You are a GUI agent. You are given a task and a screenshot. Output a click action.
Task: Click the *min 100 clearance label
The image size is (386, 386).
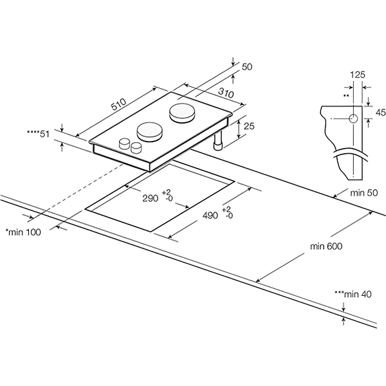tap(23, 232)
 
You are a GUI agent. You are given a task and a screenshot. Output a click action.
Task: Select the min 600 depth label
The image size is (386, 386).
tap(326, 246)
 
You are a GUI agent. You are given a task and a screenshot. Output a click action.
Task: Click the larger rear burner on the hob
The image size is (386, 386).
tap(182, 114)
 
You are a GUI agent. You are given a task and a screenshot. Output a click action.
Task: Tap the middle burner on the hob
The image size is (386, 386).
tap(151, 131)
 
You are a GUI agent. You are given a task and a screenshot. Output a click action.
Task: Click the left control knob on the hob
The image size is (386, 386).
tap(124, 144)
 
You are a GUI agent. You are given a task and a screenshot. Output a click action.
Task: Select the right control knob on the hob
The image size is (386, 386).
tap(135, 149)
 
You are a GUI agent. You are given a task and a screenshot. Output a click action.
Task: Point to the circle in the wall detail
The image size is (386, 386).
tap(353, 118)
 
